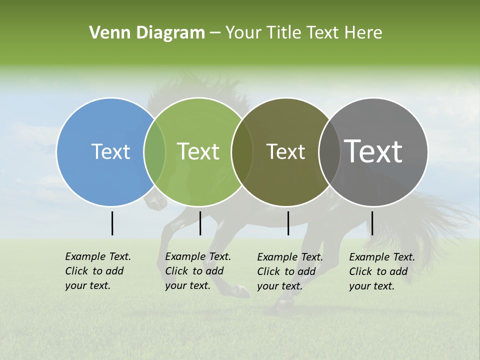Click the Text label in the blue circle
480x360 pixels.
tap(110, 151)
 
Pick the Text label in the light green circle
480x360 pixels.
tap(198, 151)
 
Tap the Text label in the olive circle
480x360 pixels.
tap(285, 151)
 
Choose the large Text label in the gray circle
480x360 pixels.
tap(373, 151)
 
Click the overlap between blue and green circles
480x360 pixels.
tap(154, 151)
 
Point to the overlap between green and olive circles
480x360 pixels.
tap(242, 151)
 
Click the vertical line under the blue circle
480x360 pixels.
tap(112, 223)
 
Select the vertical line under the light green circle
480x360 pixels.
tap(200, 223)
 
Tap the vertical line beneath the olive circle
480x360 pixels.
tap(288, 223)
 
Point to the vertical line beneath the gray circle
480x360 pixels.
tap(372, 223)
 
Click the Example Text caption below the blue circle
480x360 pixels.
tap(97, 271)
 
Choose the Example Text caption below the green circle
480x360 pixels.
tap(197, 271)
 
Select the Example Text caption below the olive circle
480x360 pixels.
tap(289, 271)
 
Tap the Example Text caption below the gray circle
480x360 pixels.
tap(381, 271)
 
